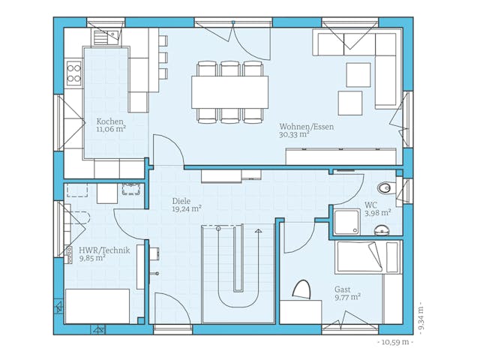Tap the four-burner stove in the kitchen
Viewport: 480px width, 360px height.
[x=73, y=72]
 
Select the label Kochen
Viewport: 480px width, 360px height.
[x=110, y=121]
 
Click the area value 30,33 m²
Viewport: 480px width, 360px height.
[x=295, y=136]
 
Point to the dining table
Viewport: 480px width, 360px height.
[x=230, y=91]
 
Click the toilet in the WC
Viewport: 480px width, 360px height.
[x=385, y=187]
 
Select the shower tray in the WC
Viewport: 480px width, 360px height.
[x=346, y=222]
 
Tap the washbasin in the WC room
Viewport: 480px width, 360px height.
[x=382, y=229]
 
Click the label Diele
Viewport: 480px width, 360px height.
[x=181, y=201]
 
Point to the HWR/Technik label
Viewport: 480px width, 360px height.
[x=104, y=250]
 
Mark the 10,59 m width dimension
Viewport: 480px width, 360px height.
[x=394, y=342]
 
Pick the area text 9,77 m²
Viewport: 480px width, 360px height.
[x=347, y=297]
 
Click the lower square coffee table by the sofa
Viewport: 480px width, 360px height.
[x=349, y=103]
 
